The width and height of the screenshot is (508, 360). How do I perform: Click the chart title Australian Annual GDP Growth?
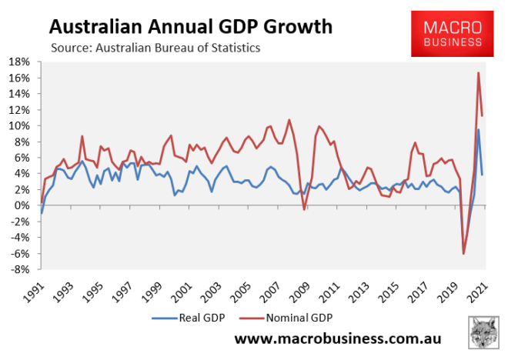191,28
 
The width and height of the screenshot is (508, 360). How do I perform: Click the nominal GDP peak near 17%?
479,73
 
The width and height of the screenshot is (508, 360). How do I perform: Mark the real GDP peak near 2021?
479,129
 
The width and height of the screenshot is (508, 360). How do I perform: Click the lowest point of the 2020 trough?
464,253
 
